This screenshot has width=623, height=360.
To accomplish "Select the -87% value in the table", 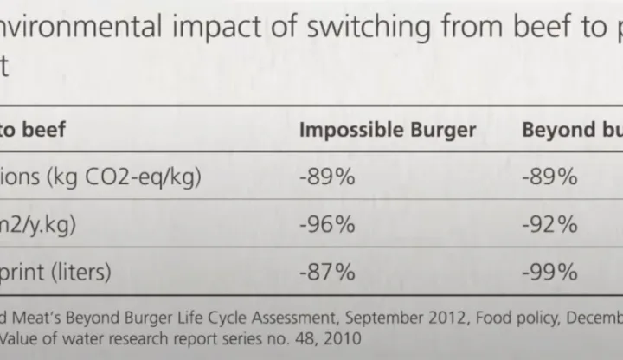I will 326,272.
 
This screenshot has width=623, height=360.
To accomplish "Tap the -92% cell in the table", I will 549,225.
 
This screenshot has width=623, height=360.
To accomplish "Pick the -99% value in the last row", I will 549,272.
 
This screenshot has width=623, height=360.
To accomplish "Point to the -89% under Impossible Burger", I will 326,177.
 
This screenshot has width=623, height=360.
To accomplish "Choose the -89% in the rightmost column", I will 549,177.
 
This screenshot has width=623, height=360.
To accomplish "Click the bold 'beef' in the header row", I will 42,130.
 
